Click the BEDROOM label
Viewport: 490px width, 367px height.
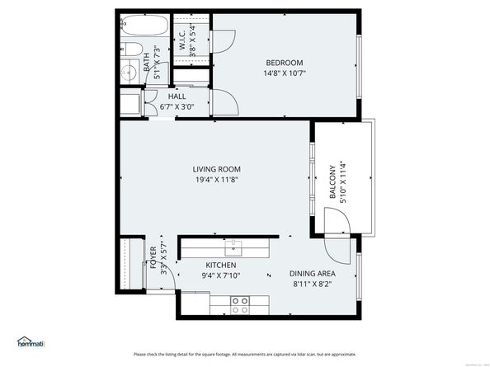pyautogui.click(x=284, y=63)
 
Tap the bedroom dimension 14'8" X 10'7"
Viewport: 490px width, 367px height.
pyautogui.click(x=284, y=73)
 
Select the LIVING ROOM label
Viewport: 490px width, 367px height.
pyautogui.click(x=217, y=168)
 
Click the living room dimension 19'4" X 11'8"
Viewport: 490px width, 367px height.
pyautogui.click(x=217, y=179)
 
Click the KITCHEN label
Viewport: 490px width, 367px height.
pyautogui.click(x=220, y=265)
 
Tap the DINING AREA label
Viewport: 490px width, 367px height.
pyautogui.click(x=311, y=273)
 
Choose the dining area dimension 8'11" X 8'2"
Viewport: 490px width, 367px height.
pyautogui.click(x=311, y=284)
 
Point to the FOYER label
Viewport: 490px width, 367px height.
pyautogui.click(x=153, y=258)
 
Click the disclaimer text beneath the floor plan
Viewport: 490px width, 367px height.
pyautogui.click(x=245, y=354)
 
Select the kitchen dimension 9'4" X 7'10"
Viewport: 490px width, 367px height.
pyautogui.click(x=220, y=275)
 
